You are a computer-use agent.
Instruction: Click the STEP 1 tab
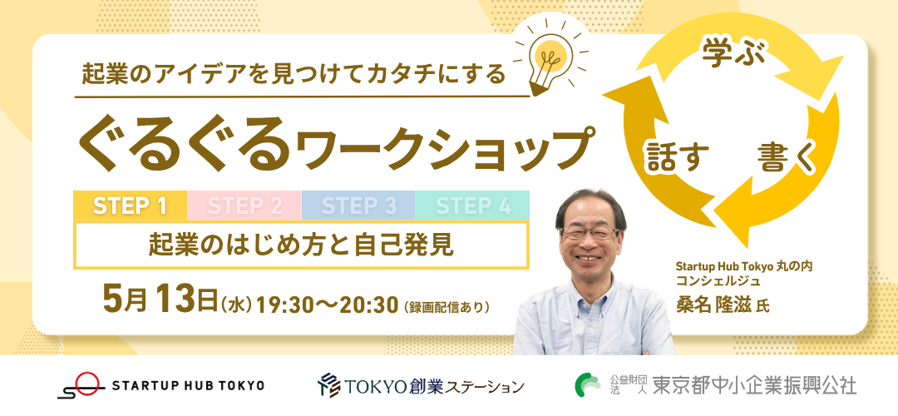(x=130, y=206)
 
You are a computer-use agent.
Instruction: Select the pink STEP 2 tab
(x=244, y=206)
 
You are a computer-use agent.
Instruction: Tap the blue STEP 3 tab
(x=358, y=206)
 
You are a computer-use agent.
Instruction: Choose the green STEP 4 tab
(x=472, y=206)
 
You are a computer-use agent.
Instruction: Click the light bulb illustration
(x=550, y=57)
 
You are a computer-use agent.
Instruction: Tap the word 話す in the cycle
(x=678, y=157)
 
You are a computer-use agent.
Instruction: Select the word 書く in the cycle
(x=786, y=157)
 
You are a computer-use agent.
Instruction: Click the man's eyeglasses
(x=590, y=233)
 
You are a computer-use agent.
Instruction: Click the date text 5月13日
(x=160, y=300)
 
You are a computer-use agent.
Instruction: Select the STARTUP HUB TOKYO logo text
(x=189, y=385)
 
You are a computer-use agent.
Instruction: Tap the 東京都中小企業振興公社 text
(x=755, y=385)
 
